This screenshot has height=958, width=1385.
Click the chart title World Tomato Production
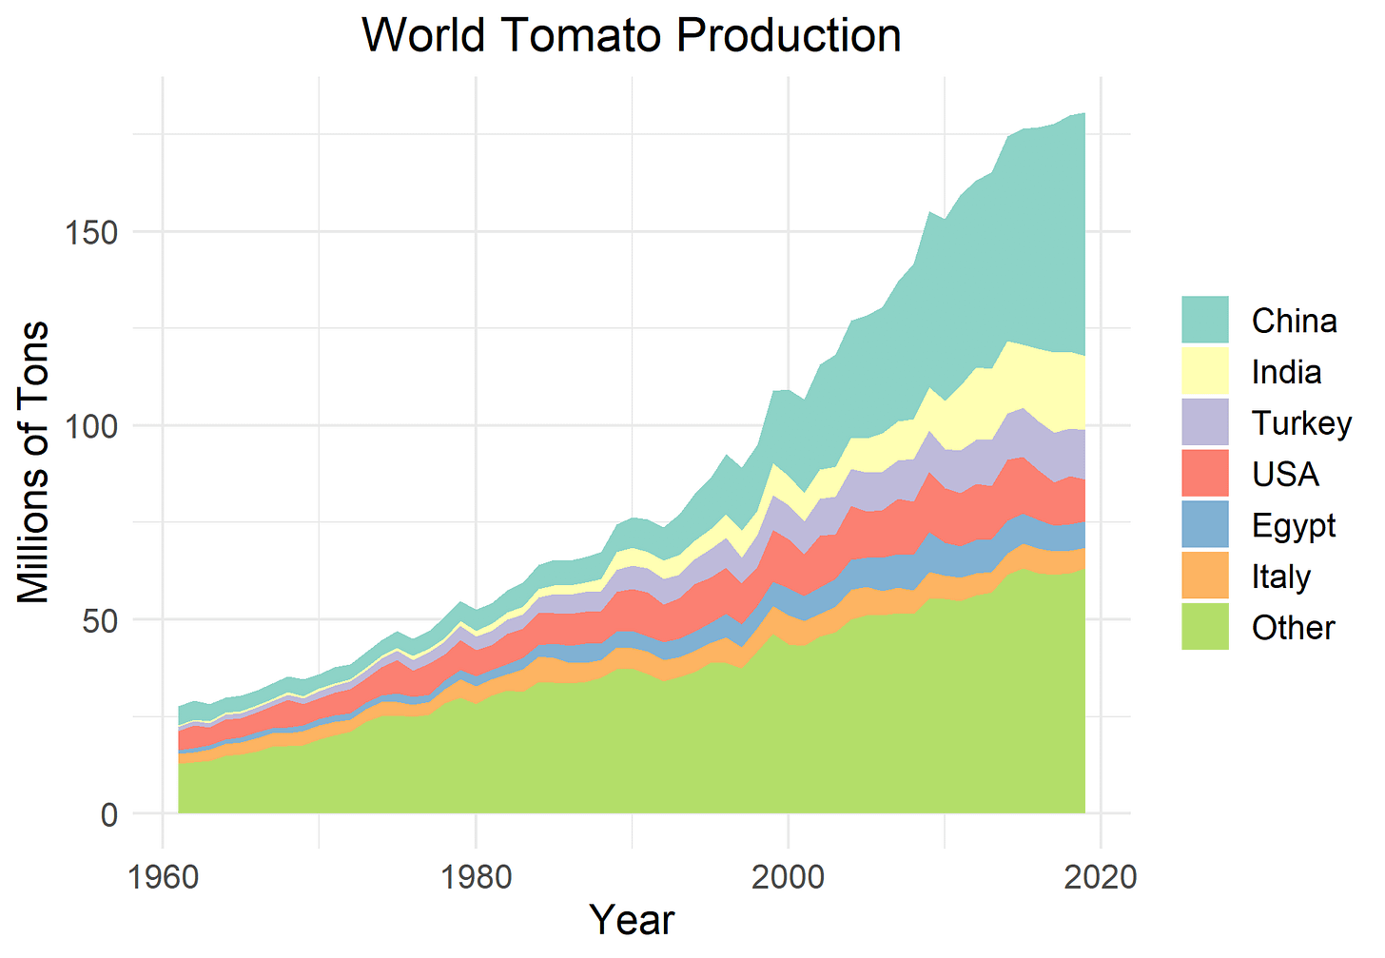click(631, 36)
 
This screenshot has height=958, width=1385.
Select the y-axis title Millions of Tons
click(34, 462)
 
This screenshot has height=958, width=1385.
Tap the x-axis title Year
click(631, 920)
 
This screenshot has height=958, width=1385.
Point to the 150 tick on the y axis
click(91, 232)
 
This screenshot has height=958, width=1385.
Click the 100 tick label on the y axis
click(91, 426)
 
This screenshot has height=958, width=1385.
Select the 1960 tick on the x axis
click(163, 875)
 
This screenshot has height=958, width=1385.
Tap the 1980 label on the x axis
click(476, 875)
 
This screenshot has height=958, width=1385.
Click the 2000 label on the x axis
click(788, 875)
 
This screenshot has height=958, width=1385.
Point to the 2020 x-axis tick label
click(1101, 875)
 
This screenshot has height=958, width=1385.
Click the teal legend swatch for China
click(1205, 320)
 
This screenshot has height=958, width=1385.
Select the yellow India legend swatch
click(1205, 371)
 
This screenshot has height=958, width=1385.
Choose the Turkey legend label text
click(1301, 422)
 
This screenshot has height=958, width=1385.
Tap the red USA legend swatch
click(1205, 474)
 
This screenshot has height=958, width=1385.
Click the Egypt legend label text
click(1294, 526)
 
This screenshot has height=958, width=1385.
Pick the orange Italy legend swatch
click(1205, 577)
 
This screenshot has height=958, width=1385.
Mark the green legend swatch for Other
click(1205, 628)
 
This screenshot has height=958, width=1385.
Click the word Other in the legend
click(1293, 628)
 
